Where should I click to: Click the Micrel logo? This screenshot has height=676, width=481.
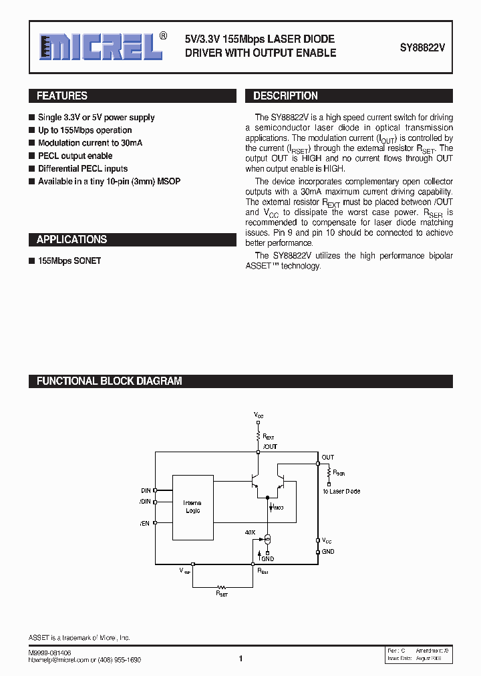point(100,47)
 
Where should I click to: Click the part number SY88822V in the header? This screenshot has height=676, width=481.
point(422,47)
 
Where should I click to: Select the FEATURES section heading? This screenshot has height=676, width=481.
point(62,96)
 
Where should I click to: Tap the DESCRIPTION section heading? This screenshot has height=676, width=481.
point(285,96)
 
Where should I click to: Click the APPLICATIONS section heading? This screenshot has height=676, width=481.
point(71,240)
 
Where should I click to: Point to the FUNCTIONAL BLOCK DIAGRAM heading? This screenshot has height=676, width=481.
point(109,381)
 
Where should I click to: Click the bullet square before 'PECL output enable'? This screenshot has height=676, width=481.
point(31,156)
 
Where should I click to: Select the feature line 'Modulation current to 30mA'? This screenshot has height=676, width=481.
point(90,143)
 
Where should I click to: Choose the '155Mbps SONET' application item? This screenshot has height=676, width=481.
point(69,261)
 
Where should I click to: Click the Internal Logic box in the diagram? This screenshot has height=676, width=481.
point(192,507)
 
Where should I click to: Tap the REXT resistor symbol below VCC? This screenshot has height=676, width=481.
point(259,435)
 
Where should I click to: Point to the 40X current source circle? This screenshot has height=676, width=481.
point(267,539)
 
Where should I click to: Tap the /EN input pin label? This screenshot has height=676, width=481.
point(145,524)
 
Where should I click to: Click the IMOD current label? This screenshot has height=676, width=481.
point(277,508)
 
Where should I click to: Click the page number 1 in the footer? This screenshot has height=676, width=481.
point(240,659)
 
